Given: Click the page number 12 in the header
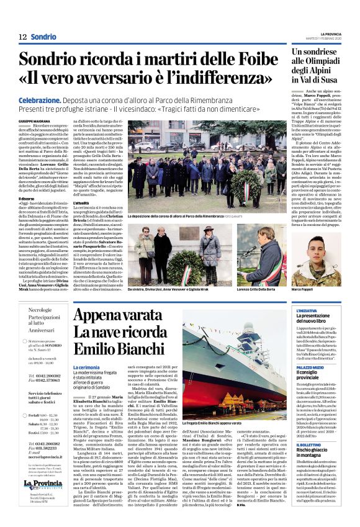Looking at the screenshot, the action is click(x=22, y=37).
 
